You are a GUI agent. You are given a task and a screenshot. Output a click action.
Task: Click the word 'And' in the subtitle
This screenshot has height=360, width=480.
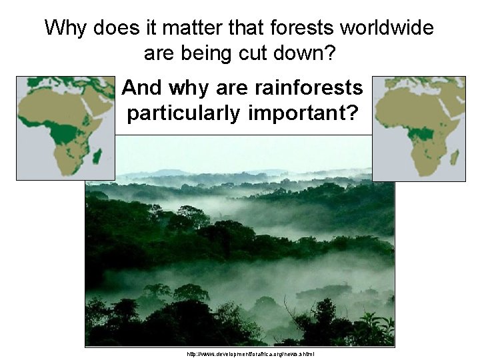pyautogui.click(x=143, y=88)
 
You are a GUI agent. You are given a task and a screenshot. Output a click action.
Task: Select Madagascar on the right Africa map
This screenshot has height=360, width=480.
pyautogui.click(x=455, y=158)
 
